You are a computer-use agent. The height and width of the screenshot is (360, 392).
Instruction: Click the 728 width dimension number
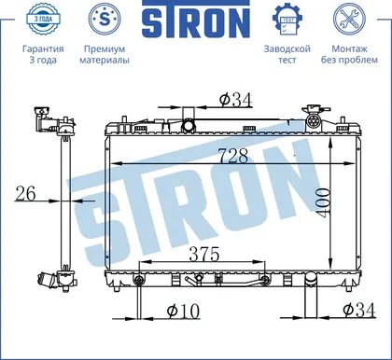pyautogui.click(x=233, y=156)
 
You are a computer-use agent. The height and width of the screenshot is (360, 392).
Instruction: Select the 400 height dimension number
pyautogui.click(x=322, y=202)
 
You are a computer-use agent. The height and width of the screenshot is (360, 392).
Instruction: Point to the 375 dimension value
pyautogui.click(x=204, y=255)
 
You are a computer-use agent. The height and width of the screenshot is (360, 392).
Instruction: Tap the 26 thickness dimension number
pyautogui.click(x=25, y=194)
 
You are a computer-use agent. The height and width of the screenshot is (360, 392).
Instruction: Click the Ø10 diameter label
pyautogui.click(x=183, y=311)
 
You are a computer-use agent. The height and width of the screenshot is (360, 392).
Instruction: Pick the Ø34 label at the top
pyautogui.click(x=235, y=100)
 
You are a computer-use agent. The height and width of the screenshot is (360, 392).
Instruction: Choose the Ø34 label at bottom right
pyautogui.click(x=359, y=310)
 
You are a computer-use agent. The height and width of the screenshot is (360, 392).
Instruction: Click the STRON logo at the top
pyautogui.click(x=196, y=20)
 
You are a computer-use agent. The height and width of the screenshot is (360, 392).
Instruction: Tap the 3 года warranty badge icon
pyautogui.click(x=43, y=19)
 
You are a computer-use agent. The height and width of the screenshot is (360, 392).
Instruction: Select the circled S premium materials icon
pyautogui.click(x=105, y=19)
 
